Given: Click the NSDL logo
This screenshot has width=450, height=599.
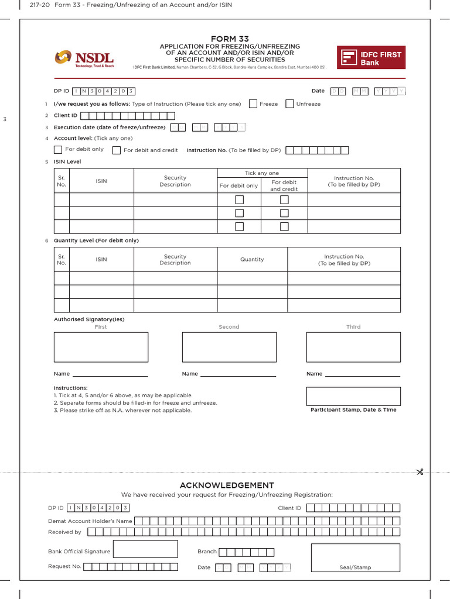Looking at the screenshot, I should click(84, 58).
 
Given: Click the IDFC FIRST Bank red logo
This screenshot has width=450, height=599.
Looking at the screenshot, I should click(371, 58).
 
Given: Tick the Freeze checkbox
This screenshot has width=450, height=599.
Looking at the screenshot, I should click(253, 104).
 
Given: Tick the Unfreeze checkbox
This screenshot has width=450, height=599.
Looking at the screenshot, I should click(290, 104).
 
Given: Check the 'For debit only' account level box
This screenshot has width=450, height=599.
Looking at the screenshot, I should click(58, 150).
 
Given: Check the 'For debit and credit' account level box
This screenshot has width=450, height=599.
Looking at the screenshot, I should click(117, 150).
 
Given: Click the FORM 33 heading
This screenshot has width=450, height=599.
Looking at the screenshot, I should click(230, 39).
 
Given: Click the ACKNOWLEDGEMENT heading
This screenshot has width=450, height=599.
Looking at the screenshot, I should click(227, 485).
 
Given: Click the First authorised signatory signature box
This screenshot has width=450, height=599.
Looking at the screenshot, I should click(101, 347).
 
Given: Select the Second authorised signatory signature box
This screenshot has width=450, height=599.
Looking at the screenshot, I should click(229, 347).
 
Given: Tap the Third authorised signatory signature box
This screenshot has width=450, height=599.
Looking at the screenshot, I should click(353, 347).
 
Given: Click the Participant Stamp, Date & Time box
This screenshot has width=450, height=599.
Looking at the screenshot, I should click(353, 396).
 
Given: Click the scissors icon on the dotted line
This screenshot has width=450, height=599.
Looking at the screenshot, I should click(420, 472).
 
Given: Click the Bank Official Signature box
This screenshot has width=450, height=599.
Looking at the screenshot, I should click(145, 549).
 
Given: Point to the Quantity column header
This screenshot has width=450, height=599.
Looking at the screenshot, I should click(252, 259).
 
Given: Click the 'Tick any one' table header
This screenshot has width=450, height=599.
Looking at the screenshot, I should click(262, 173).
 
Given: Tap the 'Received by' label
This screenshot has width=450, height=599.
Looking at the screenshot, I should click(64, 532).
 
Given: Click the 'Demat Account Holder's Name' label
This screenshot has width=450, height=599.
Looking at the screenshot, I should click(90, 521).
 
